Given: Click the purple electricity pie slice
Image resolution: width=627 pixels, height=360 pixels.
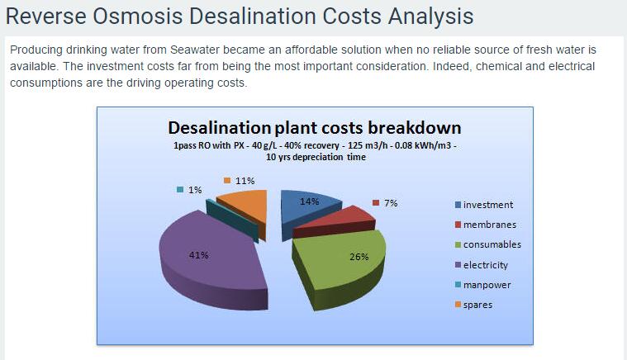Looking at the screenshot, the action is pyautogui.click(x=212, y=260).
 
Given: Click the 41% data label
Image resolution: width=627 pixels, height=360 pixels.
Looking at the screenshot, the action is pyautogui.click(x=199, y=255).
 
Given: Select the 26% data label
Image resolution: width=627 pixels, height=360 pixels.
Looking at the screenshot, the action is pyautogui.click(x=359, y=257).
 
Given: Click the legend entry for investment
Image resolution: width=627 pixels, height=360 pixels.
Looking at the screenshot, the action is pyautogui.click(x=484, y=205).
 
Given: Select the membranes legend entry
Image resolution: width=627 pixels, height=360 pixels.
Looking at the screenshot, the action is pyautogui.click(x=486, y=225).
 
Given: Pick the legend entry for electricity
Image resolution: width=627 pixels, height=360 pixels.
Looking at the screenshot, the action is pyautogui.click(x=482, y=265).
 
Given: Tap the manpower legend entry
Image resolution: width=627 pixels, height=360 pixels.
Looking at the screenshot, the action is pyautogui.click(x=483, y=285).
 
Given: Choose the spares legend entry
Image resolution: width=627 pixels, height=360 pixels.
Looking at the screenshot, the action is pyautogui.click(x=474, y=305).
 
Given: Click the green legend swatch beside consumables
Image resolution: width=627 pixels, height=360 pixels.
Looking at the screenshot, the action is pyautogui.click(x=458, y=244).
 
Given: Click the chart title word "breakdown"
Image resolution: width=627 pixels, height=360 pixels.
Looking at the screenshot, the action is pyautogui.click(x=414, y=128).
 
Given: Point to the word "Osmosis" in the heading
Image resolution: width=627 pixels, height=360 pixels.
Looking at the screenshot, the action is pyautogui.click(x=138, y=17).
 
